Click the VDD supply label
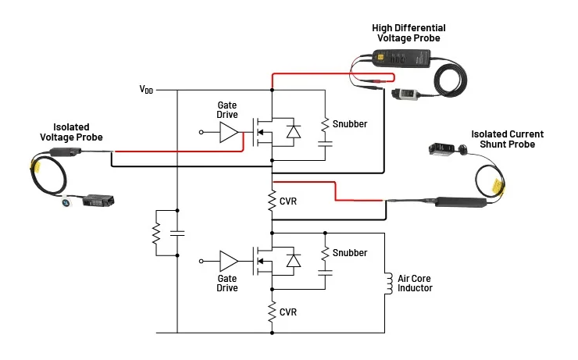click(x=146, y=91)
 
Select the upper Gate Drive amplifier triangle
click(x=229, y=133)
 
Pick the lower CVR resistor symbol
click(x=271, y=312)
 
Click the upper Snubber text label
click(x=349, y=123)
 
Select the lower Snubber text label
click(x=349, y=253)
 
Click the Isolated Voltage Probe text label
click(x=71, y=131)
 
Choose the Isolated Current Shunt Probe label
click(x=508, y=139)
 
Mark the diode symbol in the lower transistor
click(x=294, y=262)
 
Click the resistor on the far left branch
click(x=156, y=232)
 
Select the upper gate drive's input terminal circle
click(x=202, y=133)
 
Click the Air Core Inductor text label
click(x=415, y=283)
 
